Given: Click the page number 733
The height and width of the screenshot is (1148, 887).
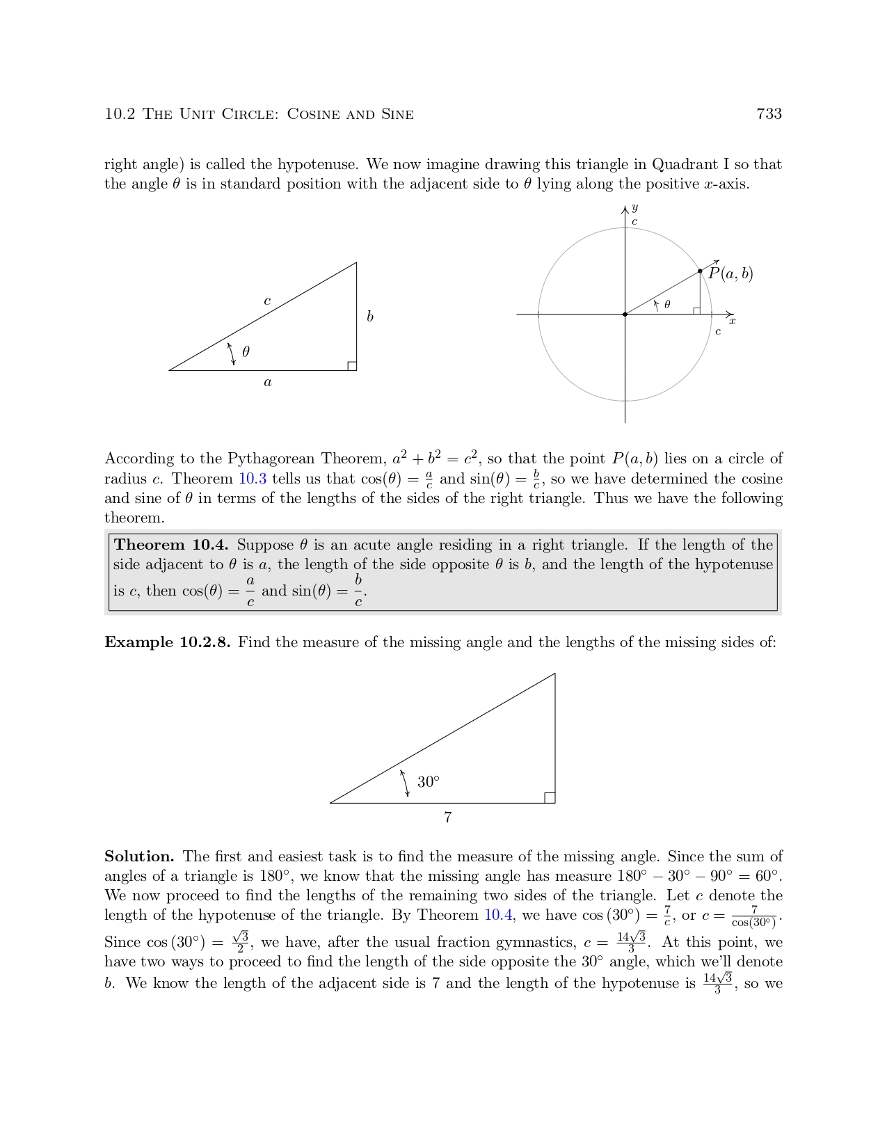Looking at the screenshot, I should tap(769, 114).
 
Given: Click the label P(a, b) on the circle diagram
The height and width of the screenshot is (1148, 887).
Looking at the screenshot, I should tap(730, 273).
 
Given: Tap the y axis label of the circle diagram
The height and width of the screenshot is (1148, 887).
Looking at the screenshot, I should tap(634, 208).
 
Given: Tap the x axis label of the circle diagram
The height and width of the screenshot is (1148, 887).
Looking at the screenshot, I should tap(732, 321).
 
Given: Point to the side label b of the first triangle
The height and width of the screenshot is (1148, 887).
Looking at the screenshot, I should tap(370, 317).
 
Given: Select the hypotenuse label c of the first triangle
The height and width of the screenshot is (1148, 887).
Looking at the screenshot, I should tap(267, 301).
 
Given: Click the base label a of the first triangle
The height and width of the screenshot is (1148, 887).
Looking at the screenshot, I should tap(268, 382).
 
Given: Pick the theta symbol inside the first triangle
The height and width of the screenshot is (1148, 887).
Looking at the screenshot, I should tap(246, 352).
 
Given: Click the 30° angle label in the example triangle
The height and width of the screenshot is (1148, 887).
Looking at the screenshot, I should tap(429, 782).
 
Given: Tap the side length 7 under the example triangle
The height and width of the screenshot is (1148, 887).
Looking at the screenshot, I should tap(448, 818).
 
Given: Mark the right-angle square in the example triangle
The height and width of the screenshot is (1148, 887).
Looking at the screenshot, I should tap(550, 798).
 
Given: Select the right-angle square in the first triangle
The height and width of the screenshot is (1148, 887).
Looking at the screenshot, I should tap(352, 366).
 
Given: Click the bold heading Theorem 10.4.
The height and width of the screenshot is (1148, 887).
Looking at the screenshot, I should tap(171, 545).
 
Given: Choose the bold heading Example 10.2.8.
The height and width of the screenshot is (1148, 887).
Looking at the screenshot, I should tap(167, 642).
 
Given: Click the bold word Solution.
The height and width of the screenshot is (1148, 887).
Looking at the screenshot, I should tap(139, 856).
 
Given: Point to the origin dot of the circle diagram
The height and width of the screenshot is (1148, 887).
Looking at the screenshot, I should tap(625, 314).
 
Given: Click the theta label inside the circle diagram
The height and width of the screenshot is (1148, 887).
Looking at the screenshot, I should tap(667, 304).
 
